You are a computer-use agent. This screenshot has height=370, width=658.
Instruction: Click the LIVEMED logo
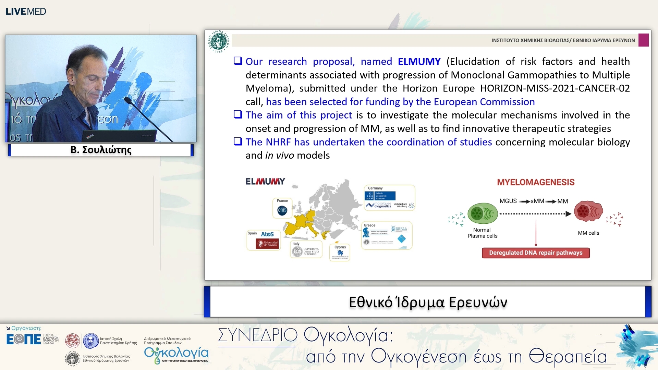[x=26, y=11]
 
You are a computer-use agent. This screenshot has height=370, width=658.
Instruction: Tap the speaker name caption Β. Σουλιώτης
[x=101, y=150]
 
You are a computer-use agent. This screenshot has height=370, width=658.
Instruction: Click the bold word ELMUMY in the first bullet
[x=419, y=62]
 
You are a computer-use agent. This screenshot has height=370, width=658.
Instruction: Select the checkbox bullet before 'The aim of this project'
[x=238, y=114]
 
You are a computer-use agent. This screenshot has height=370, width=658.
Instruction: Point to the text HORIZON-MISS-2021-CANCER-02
[x=555, y=88]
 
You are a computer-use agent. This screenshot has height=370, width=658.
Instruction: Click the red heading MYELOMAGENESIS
[x=536, y=182]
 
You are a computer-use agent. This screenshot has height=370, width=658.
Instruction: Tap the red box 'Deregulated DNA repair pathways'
[x=536, y=253]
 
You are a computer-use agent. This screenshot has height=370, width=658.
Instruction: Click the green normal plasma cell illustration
[x=482, y=214]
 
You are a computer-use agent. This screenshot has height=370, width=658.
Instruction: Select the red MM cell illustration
[x=588, y=211]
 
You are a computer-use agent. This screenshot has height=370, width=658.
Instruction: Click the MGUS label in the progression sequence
[x=508, y=201]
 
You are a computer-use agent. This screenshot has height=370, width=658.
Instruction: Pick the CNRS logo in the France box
[x=282, y=210]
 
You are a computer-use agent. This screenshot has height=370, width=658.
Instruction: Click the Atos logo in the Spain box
[x=267, y=234]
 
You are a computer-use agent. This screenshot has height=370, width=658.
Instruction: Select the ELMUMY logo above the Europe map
[x=265, y=182]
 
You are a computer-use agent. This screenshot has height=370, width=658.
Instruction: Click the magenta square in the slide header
[x=643, y=40]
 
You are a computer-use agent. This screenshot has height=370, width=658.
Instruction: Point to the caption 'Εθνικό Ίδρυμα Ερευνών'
[x=428, y=302]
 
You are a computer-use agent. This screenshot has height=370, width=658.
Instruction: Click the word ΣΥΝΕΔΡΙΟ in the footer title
[x=257, y=335]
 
